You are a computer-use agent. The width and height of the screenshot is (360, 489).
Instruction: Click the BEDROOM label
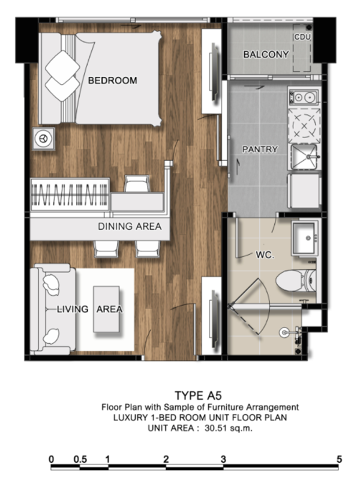pos(112,80)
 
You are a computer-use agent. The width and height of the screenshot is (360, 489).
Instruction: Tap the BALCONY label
pos(266,55)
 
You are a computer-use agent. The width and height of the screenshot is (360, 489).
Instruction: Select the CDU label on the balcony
pos(302,37)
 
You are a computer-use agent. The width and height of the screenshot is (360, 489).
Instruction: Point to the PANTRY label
pos(260,149)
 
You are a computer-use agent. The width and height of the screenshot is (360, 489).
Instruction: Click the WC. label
pos(265,255)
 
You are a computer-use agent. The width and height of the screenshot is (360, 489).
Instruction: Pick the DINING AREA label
pos(130,226)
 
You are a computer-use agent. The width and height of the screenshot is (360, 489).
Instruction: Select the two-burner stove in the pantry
pos(304,97)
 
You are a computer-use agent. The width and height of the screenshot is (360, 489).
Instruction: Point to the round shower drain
pos(284,332)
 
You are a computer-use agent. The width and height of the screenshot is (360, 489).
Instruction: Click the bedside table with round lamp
pos(43,139)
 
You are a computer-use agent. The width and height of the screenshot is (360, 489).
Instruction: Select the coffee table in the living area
pos(106,309)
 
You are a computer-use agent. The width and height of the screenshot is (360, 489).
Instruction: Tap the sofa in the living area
pos(53,309)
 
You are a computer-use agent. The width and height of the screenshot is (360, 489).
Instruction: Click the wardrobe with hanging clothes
pos(70,195)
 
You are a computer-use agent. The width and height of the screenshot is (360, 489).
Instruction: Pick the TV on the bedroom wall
pos(214,73)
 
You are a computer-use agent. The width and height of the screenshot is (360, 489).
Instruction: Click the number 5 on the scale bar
pos(340,459)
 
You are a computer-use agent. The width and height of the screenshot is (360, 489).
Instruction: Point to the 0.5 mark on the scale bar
pos(80,460)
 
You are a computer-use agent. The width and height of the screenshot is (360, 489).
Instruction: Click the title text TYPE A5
pos(198,395)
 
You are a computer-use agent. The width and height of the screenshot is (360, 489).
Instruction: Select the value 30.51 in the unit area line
pos(216,428)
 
